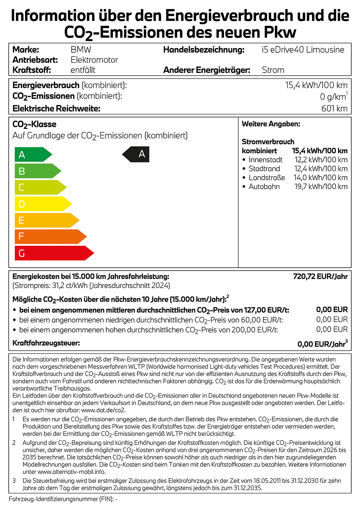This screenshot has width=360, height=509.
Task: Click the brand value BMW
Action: tap(81, 50)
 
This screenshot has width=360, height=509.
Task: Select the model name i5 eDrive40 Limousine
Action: tap(303, 50)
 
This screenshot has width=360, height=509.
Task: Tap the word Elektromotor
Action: tap(94, 60)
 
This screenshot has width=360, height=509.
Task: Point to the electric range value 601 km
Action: tap(334, 109)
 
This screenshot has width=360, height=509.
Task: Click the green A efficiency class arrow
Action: tap(32, 155)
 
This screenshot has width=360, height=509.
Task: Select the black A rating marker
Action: tap(137, 154)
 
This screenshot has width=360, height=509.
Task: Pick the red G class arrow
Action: tap(52, 253)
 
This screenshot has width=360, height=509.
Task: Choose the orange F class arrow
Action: tap(48, 237)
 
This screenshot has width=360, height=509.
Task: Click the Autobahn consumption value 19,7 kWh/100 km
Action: tap(321, 187)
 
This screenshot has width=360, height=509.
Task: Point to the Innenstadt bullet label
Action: tap(265, 160)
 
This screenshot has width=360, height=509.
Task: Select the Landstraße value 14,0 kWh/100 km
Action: tap(320, 178)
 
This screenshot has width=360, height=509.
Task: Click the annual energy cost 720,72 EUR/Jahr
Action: tap(320, 276)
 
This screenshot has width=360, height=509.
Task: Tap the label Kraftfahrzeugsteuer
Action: tap(46, 343)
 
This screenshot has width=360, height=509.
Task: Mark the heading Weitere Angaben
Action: tap(271, 124)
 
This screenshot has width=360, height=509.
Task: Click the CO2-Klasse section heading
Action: tap(34, 124)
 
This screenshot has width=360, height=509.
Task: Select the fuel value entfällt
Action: tap(83, 70)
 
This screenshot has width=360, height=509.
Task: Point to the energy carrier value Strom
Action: tap(273, 70)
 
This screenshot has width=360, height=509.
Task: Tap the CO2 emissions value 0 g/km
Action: tap(333, 97)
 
